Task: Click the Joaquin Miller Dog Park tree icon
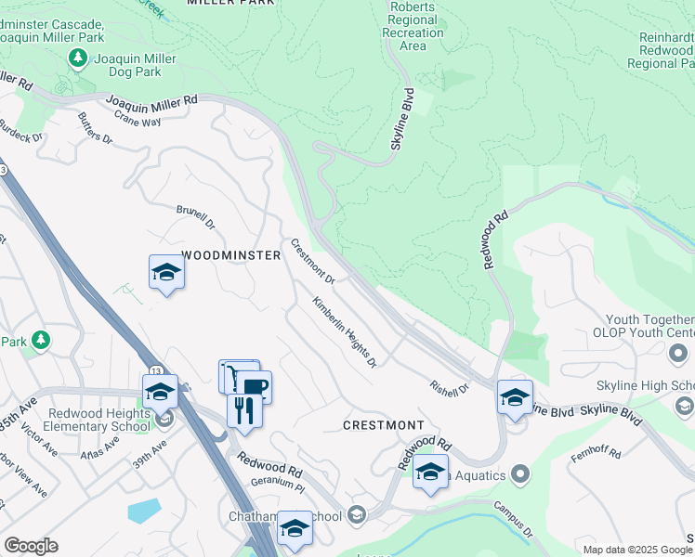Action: (79, 58)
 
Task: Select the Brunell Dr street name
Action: (196, 217)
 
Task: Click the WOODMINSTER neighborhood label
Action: (231, 254)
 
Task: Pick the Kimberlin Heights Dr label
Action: (345, 331)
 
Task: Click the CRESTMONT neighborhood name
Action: (383, 424)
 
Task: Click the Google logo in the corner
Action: (31, 546)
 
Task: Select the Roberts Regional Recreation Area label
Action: (413, 26)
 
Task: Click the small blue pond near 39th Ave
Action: (144, 510)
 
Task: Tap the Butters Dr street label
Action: (95, 129)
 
